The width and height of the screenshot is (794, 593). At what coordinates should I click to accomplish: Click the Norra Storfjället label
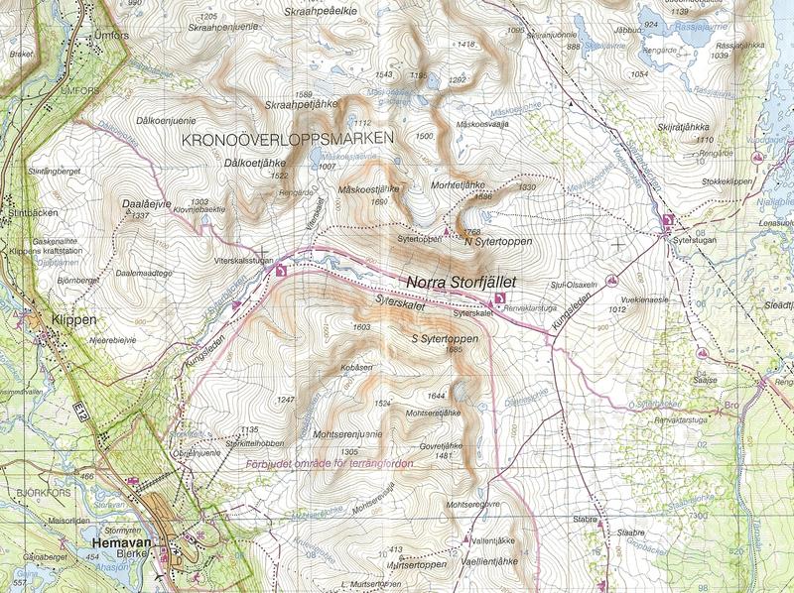point(461,282)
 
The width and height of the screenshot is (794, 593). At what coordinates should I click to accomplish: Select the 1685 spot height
point(455,349)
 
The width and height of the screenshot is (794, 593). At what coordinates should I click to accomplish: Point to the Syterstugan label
point(694,239)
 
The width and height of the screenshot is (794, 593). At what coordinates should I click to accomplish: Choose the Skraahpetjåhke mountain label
point(303,104)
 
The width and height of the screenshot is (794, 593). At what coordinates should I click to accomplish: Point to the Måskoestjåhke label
point(368,188)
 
